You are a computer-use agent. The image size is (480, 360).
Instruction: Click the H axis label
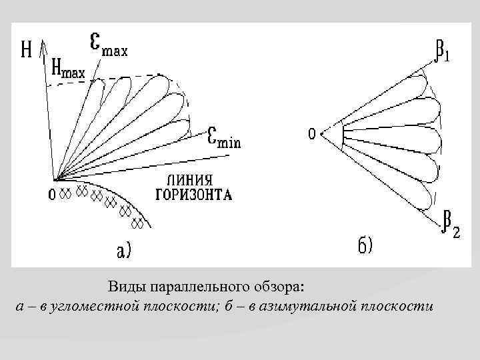pos(27,50)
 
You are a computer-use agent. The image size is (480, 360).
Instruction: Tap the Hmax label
pos(68,69)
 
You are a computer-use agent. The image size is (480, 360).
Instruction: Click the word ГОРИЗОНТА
pos(193,195)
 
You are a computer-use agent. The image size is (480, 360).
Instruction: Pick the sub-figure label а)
pos(124,251)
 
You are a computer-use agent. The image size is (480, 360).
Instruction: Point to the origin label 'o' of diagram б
pos(311,135)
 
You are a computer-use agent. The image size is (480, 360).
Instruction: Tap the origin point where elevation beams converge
pos(57,179)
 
